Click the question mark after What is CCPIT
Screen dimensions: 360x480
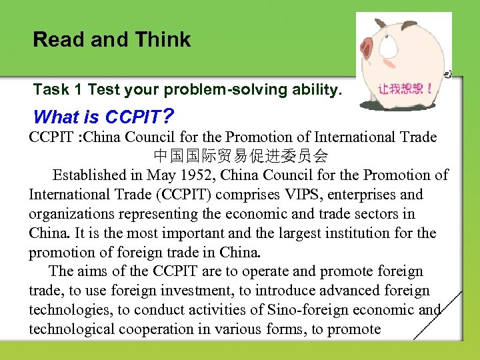pyautogui.click(x=169, y=117)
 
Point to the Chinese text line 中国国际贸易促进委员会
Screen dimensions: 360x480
pyautogui.click(x=241, y=157)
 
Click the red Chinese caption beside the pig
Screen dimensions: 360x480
pyautogui.click(x=404, y=88)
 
